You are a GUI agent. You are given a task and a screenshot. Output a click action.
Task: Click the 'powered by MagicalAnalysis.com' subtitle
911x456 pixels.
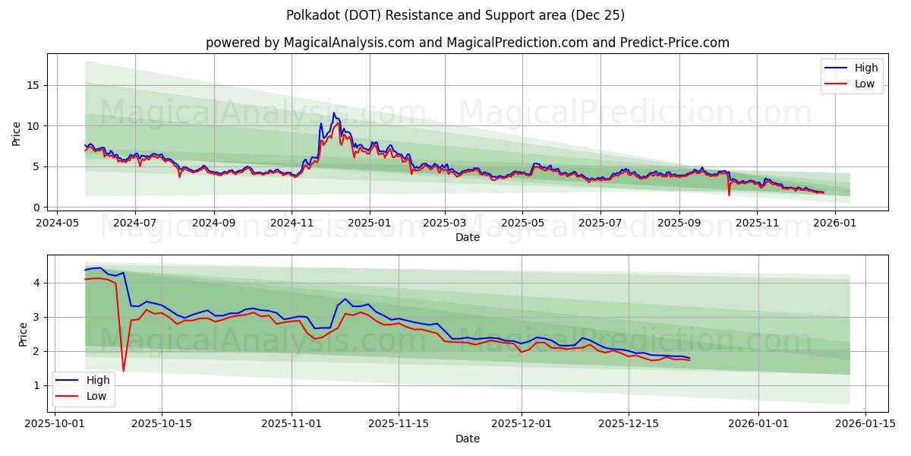467,43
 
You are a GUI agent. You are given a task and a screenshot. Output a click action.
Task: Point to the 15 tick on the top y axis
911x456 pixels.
33,85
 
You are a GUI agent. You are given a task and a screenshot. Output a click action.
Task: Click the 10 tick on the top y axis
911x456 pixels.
33,125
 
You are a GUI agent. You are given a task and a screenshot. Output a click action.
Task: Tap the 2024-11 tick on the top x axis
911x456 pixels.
292,223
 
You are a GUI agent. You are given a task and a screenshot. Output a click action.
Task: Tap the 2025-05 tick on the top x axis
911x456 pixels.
522,223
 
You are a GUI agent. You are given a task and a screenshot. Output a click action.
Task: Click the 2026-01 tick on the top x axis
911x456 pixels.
835,223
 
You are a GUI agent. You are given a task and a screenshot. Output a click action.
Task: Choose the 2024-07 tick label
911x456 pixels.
135,223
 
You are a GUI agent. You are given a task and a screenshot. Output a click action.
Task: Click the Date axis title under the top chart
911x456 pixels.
467,237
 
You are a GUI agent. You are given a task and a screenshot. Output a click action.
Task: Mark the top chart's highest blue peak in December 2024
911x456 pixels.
333,113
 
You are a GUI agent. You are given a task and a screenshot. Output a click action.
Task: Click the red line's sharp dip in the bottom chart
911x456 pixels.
123,371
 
